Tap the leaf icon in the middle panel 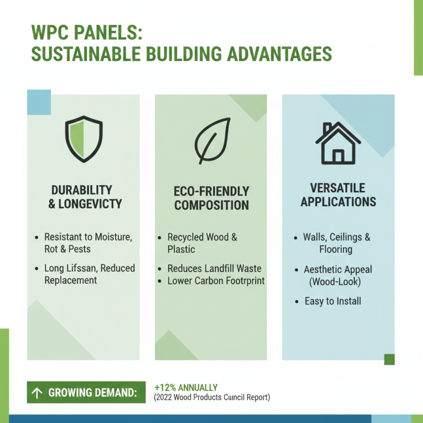212,140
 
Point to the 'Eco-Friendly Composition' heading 212,198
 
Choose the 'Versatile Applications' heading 338,195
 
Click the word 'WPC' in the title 54,33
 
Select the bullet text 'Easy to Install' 333,301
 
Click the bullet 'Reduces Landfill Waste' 214,269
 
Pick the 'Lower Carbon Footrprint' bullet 216,281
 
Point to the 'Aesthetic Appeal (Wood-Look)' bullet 337,275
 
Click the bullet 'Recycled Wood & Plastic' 202,243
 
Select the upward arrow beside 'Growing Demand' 37,393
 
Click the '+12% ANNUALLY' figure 186,388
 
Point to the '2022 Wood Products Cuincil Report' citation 212,397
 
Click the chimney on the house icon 327,128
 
